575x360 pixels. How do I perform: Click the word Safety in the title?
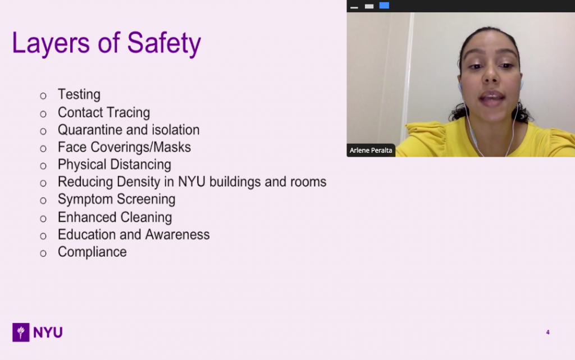(164, 43)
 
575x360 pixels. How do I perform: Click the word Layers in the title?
(51, 43)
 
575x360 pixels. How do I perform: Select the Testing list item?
(79, 94)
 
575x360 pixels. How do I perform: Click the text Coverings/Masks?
(141, 147)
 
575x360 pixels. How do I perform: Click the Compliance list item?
(92, 252)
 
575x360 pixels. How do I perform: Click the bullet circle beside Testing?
(43, 96)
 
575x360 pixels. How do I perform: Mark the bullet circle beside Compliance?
(43, 253)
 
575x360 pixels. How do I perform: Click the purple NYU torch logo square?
(21, 332)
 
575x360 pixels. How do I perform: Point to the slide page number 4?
(548, 332)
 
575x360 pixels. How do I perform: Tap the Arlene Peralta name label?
(371, 151)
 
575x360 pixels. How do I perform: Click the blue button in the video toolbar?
(384, 6)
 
